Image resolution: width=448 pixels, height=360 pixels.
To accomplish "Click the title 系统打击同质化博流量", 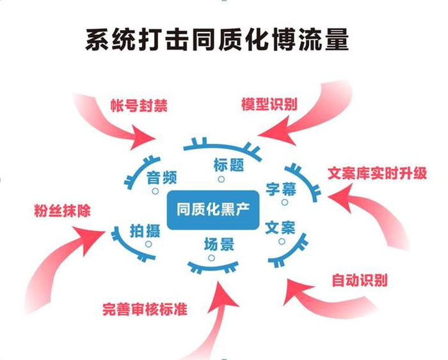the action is click(x=218, y=40).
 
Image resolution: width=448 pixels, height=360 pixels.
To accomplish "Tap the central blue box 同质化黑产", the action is click(x=213, y=210).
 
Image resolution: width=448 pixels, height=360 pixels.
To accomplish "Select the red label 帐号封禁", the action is click(x=139, y=106).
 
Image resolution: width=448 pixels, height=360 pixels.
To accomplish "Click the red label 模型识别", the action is click(x=269, y=104).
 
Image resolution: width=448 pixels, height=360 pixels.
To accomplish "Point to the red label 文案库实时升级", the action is click(x=377, y=173).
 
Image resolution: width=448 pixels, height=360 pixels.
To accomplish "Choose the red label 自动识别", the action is click(x=360, y=280).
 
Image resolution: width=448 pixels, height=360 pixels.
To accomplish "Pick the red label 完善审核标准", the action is click(x=145, y=309).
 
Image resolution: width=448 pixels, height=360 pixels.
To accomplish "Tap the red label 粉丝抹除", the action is click(x=62, y=210).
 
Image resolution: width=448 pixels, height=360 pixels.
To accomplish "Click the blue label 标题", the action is click(x=228, y=165).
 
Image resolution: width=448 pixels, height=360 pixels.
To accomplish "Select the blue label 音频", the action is click(x=162, y=178).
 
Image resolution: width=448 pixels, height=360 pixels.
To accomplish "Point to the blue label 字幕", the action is click(x=281, y=189).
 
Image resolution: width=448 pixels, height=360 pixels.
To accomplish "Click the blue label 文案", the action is click(x=280, y=228).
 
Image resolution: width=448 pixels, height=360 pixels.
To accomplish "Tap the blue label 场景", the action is click(x=219, y=244).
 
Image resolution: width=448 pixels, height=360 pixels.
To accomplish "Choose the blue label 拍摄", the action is click(x=145, y=231).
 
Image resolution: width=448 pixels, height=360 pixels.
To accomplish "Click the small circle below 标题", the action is click(x=221, y=179).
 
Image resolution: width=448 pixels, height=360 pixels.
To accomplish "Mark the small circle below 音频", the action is click(x=155, y=191).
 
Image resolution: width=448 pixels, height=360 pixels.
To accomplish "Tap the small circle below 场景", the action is click(x=211, y=258).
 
